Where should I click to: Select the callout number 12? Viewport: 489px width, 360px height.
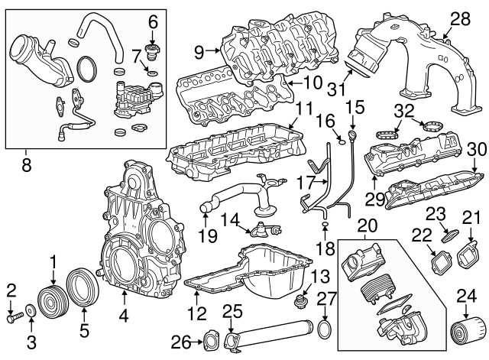coord(197,313)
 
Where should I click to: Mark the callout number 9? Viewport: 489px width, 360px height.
coord(199,51)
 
